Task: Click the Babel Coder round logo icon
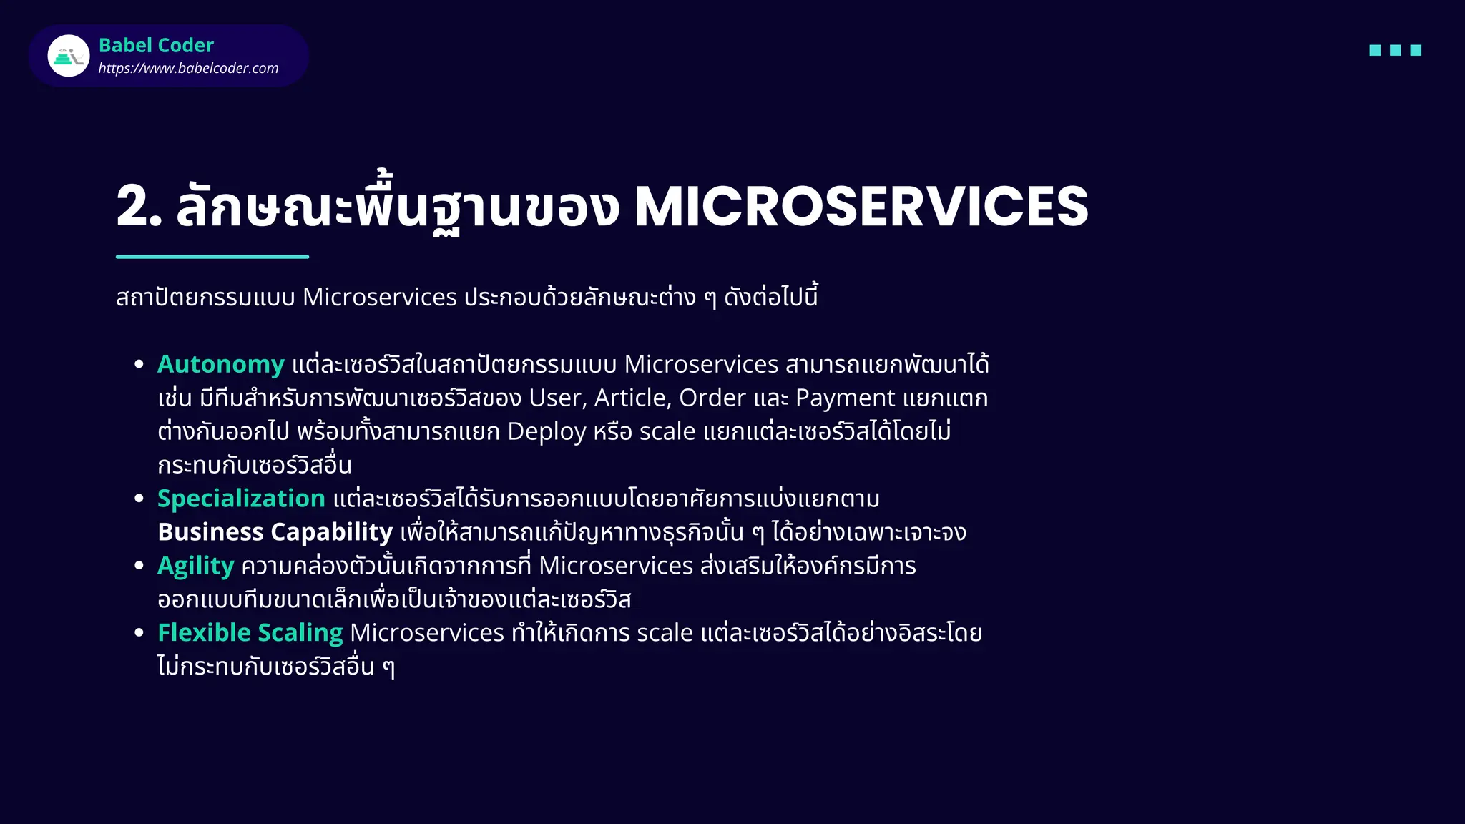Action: [69, 56]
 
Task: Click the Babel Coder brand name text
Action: [156, 45]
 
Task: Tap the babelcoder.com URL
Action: [188, 68]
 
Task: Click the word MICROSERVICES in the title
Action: [861, 207]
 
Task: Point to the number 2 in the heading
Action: [134, 207]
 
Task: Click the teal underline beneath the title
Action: [212, 256]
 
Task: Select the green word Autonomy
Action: [221, 364]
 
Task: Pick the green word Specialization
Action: [241, 498]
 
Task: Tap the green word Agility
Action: [195, 566]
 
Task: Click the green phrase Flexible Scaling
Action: [250, 632]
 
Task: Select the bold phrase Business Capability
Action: [275, 531]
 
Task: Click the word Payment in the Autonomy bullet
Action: [845, 398]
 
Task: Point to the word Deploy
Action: [547, 431]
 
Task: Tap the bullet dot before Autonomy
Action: [139, 364]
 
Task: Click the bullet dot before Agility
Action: [139, 566]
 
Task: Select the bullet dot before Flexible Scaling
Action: [139, 632]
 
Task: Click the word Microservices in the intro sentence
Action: [379, 297]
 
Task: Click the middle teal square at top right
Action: [1395, 50]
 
